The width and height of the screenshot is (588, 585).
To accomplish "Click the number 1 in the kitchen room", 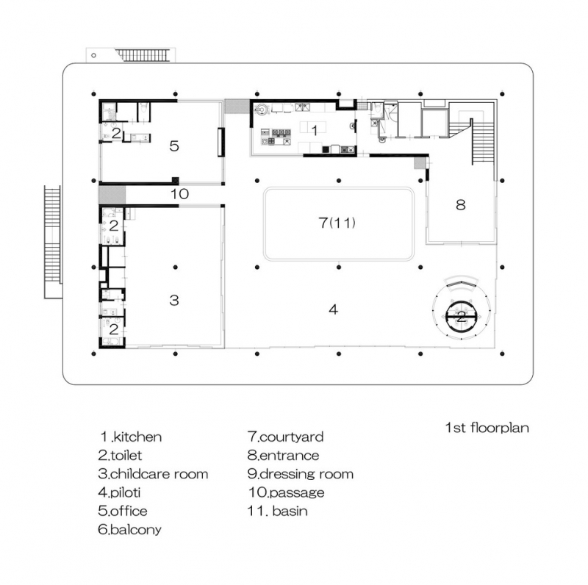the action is (315, 131).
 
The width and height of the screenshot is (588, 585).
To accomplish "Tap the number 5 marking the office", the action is (174, 146).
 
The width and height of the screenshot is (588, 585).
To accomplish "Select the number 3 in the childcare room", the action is (174, 300).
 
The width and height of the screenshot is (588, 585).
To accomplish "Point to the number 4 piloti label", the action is (334, 309).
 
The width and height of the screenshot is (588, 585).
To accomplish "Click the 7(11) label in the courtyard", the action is (337, 223).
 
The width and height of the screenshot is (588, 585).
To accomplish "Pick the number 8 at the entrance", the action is (461, 205).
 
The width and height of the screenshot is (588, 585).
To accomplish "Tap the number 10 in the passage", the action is (179, 194).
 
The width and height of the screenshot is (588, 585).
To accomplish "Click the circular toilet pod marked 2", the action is (462, 317).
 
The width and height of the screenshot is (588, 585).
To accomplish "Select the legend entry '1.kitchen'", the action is (131, 437).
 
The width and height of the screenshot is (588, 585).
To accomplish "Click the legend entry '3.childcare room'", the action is (153, 474).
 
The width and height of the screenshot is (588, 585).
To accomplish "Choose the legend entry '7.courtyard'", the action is (285, 437).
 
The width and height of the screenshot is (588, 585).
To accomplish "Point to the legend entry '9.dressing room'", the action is (301, 474).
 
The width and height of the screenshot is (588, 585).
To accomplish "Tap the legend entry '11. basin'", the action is (278, 511).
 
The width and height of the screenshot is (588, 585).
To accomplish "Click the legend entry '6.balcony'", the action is (130, 529).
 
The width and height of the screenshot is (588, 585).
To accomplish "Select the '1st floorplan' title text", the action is (487, 428).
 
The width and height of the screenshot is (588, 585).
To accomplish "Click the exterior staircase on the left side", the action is (52, 242).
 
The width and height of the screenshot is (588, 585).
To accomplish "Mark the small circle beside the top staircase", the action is (93, 56).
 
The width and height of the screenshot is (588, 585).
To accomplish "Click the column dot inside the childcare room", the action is (175, 268).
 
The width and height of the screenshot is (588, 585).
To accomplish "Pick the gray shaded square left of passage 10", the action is (112, 195).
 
